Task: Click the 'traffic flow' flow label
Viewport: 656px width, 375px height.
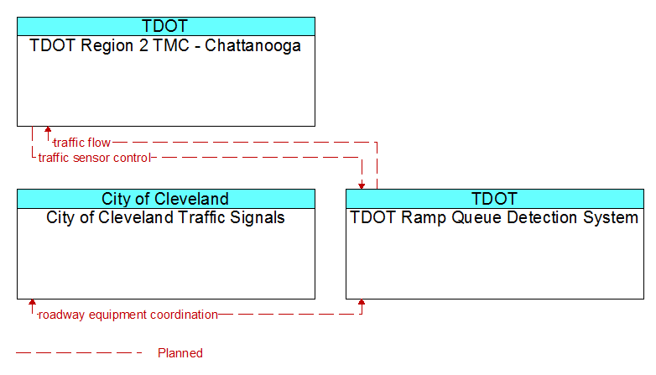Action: click(82, 143)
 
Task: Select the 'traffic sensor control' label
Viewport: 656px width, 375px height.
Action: click(94, 158)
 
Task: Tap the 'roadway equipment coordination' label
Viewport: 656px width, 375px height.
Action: click(128, 315)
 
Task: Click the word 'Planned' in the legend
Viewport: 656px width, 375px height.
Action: click(180, 353)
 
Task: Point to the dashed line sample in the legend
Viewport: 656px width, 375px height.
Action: click(79, 353)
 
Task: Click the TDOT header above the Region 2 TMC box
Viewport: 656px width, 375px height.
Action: click(165, 26)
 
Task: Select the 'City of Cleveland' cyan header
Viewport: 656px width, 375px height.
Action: click(165, 199)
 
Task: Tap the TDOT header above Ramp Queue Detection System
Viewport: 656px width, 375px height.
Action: click(495, 199)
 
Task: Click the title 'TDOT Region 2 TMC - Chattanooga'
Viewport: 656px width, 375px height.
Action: click(165, 45)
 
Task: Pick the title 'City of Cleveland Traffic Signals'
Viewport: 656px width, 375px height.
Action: click(165, 217)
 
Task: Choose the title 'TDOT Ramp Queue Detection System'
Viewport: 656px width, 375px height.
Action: click(494, 217)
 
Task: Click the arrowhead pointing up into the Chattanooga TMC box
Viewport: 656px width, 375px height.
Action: click(48, 130)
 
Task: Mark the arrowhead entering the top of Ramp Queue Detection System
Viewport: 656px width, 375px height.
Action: click(362, 186)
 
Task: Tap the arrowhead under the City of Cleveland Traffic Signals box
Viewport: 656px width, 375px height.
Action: click(32, 303)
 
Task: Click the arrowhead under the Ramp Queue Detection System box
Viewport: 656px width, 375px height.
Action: click(362, 303)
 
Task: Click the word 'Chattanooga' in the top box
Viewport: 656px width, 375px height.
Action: click(253, 45)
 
